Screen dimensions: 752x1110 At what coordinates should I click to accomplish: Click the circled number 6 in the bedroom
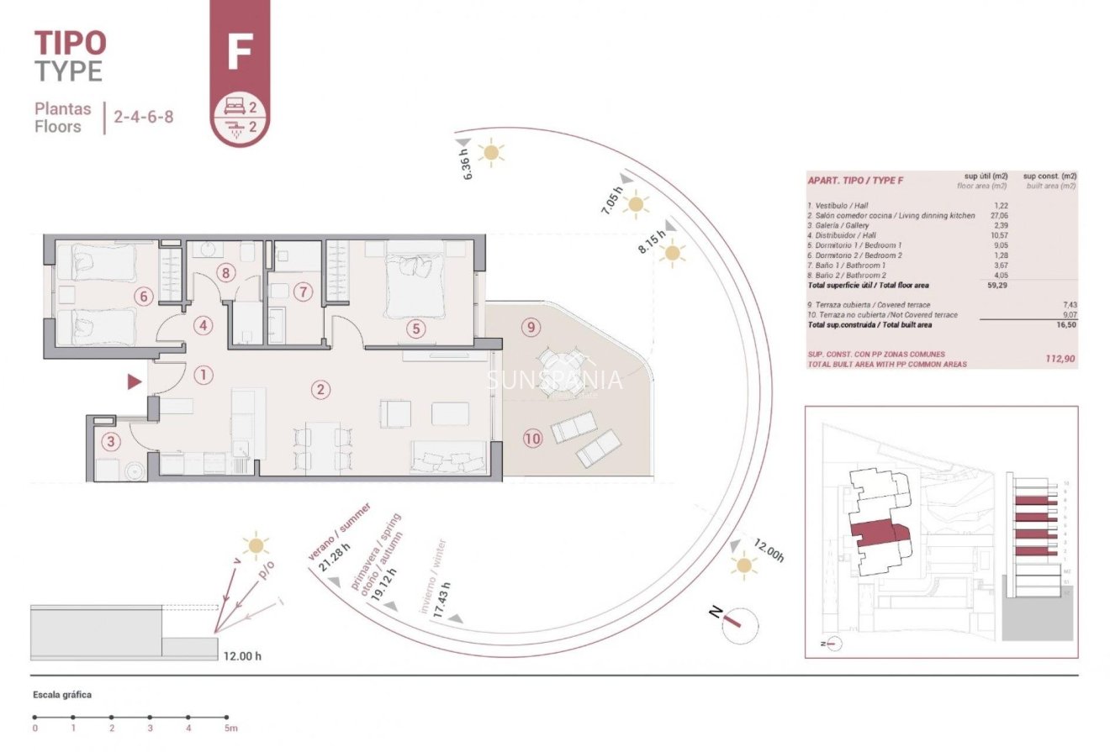pos(143,296)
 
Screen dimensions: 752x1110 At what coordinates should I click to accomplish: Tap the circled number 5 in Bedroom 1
pos(415,329)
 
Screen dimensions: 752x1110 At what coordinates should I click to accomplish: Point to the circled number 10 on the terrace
pos(531,437)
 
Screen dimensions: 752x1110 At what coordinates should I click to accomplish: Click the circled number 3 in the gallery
pos(109,441)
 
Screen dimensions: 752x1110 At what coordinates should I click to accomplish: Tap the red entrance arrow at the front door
pos(134,382)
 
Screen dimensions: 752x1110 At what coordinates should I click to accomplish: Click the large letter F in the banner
pos(240,52)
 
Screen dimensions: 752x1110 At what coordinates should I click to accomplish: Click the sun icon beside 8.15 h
pos(672,253)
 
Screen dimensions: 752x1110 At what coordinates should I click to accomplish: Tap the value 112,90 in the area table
pos(1059,359)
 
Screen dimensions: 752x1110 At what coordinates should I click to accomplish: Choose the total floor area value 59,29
pos(996,285)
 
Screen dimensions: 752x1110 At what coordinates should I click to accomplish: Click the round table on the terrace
pos(556,367)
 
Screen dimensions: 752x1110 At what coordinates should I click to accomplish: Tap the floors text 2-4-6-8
pos(144,117)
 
